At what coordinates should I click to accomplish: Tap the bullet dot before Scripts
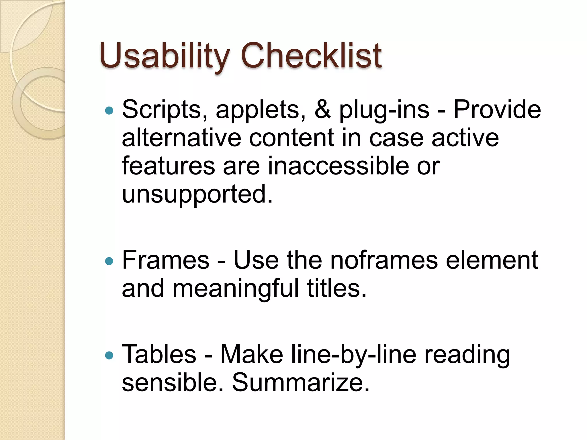[109, 111]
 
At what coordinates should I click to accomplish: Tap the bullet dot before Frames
[109, 261]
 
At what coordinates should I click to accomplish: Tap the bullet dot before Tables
[109, 356]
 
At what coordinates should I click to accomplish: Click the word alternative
[181, 138]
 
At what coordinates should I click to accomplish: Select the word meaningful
[236, 289]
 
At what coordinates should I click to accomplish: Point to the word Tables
[159, 355]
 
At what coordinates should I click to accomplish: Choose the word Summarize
[301, 383]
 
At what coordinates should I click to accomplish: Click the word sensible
[172, 383]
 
